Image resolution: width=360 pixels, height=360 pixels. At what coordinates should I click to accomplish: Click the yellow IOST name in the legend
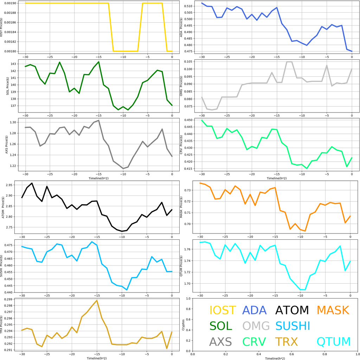click(x=223, y=310)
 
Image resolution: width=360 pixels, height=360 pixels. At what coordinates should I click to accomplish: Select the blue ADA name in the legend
click(x=255, y=310)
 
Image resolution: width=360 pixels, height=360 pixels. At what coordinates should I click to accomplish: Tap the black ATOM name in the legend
click(x=292, y=310)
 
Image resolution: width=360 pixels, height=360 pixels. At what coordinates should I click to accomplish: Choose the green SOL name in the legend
click(x=221, y=326)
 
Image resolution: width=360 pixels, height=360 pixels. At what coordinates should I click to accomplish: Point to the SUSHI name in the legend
click(x=292, y=326)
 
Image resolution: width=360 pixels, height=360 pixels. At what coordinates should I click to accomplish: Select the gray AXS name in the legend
click(x=220, y=342)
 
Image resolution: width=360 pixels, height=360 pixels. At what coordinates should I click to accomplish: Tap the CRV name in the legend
click(x=254, y=342)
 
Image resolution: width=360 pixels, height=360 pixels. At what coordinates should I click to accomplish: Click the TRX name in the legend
click(x=286, y=342)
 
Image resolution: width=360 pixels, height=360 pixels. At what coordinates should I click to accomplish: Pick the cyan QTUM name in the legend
click(x=334, y=342)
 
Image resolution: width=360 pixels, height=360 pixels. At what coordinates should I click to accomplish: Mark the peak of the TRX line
click(x=97, y=300)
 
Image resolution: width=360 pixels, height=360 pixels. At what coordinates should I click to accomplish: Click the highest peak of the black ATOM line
click(x=32, y=183)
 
